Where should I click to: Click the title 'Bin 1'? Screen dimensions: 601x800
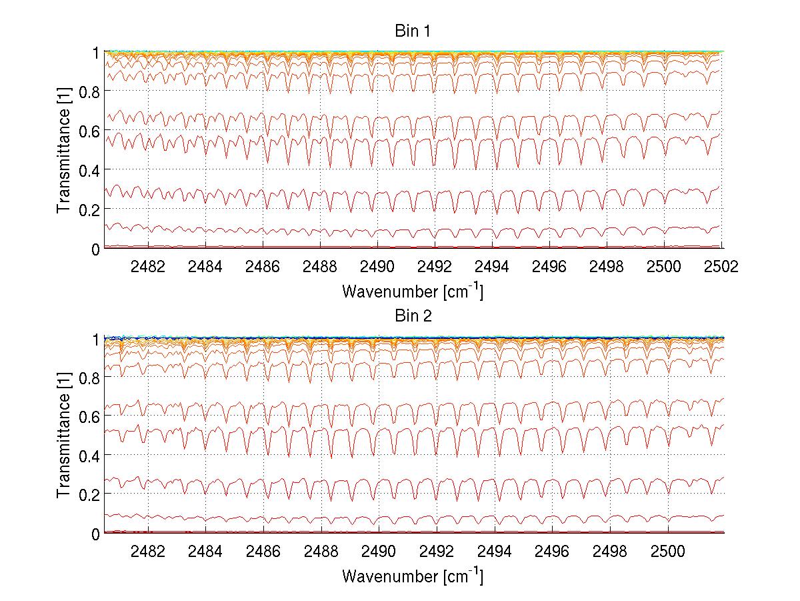click(413, 32)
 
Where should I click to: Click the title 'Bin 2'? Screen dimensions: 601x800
click(413, 316)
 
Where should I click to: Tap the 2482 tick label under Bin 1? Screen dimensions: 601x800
click(148, 266)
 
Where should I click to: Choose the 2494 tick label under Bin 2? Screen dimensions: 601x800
click(492, 551)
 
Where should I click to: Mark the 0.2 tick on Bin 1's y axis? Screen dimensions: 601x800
click(89, 209)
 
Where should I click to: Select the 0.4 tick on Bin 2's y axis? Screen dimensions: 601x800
click(89, 455)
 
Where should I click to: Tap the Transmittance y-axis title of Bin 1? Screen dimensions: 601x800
click(64, 149)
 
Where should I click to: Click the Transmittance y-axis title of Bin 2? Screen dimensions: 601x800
click(64, 435)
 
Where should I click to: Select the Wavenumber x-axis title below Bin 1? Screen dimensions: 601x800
click(413, 291)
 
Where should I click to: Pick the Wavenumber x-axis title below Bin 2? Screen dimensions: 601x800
click(413, 576)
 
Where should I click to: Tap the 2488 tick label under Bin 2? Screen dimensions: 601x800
click(320, 551)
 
